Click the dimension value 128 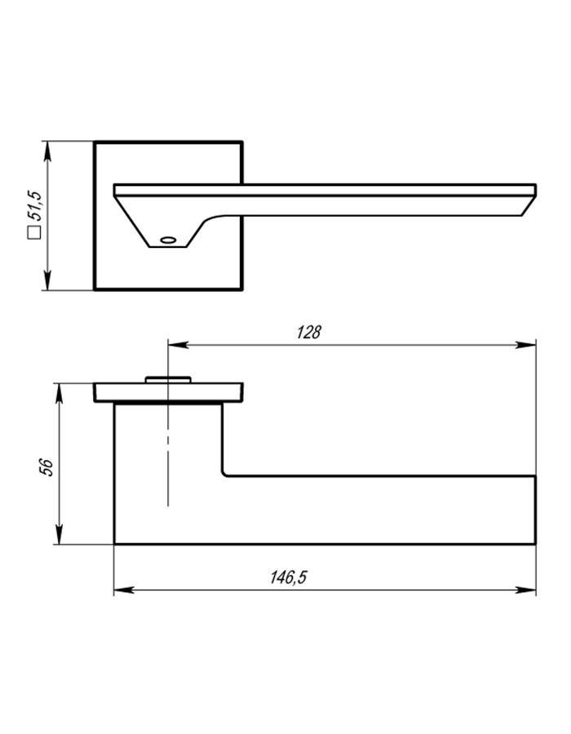tap(309, 332)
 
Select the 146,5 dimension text tap(288, 577)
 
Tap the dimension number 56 tap(46, 467)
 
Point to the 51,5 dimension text tap(35, 206)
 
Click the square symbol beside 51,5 tap(34, 232)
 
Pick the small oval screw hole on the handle tap(168, 240)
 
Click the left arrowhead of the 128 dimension tap(178, 345)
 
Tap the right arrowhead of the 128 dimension tap(525, 345)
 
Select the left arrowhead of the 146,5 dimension tap(124, 590)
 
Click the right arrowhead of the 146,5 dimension tap(525, 590)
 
